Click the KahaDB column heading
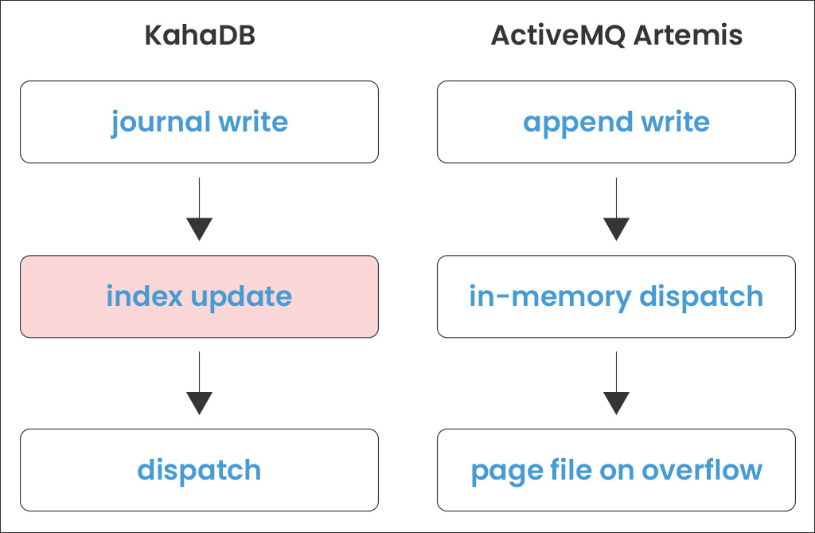coord(199,37)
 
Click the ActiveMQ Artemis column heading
coord(616,37)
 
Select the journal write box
coord(199,122)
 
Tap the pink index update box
coord(199,296)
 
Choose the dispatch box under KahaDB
coord(199,470)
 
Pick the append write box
coord(616,122)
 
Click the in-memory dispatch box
coord(616,296)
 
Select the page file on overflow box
coord(616,470)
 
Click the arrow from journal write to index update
coord(199,209)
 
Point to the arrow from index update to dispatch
coord(199,383)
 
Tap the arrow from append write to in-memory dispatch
coord(616,209)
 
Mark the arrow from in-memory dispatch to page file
coord(616,383)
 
